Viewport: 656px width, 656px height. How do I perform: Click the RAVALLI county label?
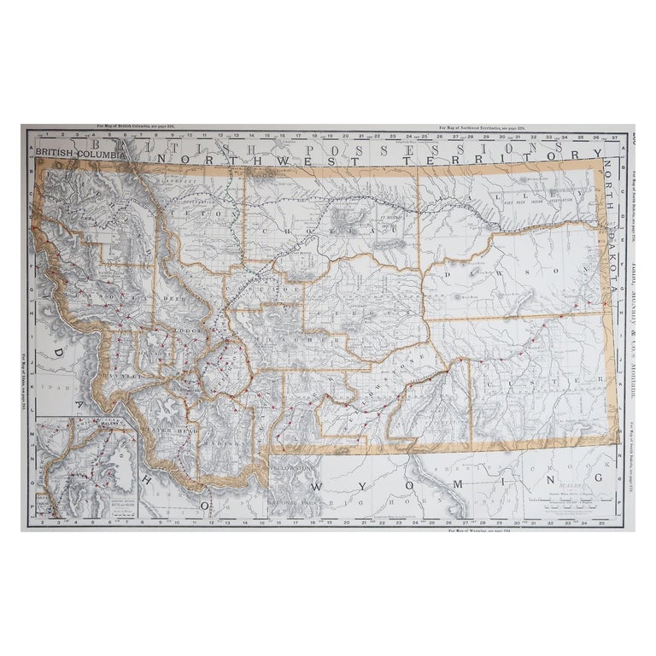coord(118,374)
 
